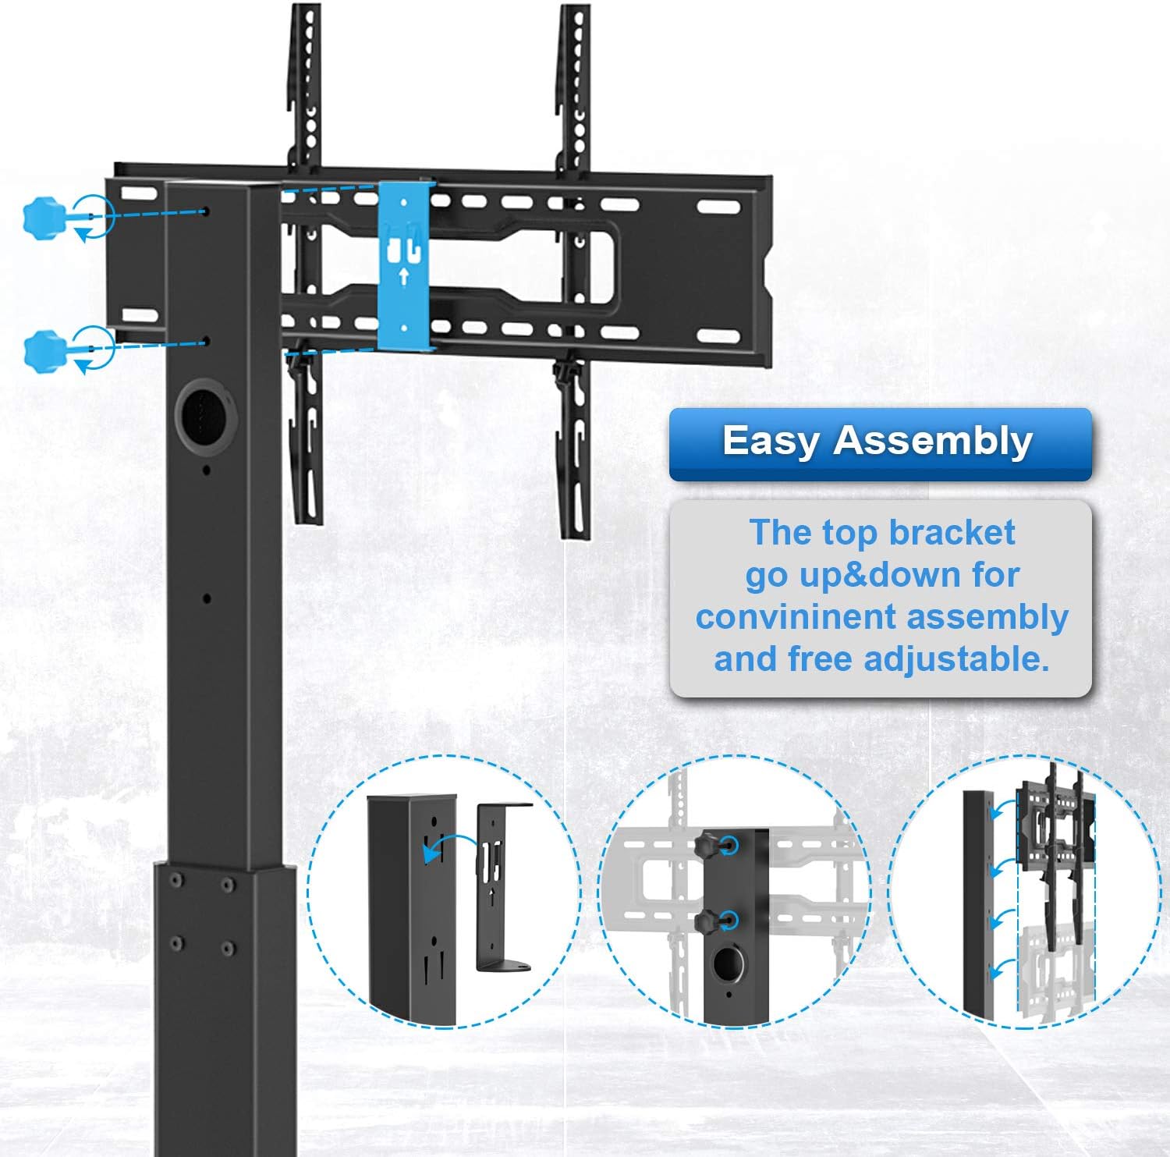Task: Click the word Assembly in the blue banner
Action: pyautogui.click(x=933, y=442)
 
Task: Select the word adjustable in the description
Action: pyautogui.click(x=956, y=660)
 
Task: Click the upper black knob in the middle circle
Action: pyautogui.click(x=709, y=843)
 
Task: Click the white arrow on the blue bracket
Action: pyautogui.click(x=403, y=275)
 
